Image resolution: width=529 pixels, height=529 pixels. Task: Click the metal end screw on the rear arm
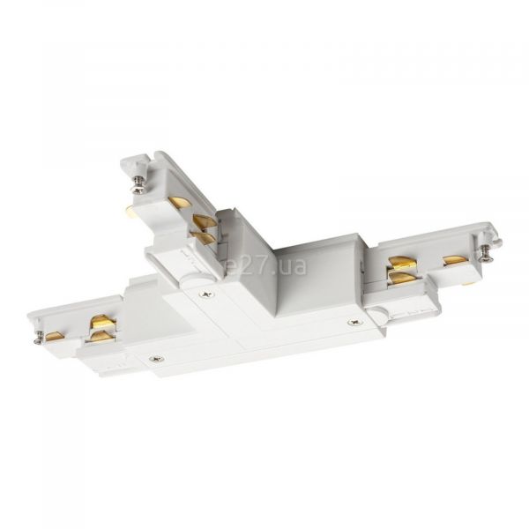click(138, 188)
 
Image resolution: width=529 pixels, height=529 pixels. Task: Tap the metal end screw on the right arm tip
click(486, 253)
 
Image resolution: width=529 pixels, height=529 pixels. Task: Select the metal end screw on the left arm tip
click(39, 339)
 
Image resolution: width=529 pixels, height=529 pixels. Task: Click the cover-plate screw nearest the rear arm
click(207, 294)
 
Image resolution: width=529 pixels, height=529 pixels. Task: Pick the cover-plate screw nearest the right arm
click(355, 323)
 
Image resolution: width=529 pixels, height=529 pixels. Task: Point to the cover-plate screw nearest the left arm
click(157, 359)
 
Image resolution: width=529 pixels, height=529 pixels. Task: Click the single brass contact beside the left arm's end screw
click(55, 336)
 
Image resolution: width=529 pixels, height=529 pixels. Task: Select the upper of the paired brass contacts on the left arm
click(103, 321)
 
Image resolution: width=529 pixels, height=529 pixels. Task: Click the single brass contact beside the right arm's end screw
click(456, 260)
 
